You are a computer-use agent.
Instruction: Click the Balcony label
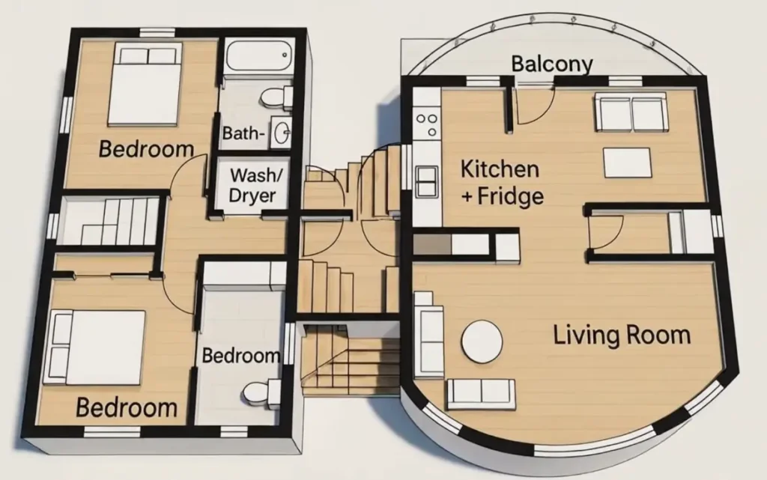pos(552,64)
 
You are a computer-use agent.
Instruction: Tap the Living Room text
pos(622,334)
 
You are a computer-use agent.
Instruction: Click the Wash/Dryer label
pos(252,186)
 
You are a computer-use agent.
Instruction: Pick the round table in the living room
pos(482,341)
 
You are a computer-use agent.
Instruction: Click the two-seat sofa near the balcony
pos(631,113)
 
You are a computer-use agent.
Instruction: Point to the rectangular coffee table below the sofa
pos(628,162)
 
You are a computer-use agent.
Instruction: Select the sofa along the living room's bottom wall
pos(481,393)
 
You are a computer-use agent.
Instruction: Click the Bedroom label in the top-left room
pos(146,148)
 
